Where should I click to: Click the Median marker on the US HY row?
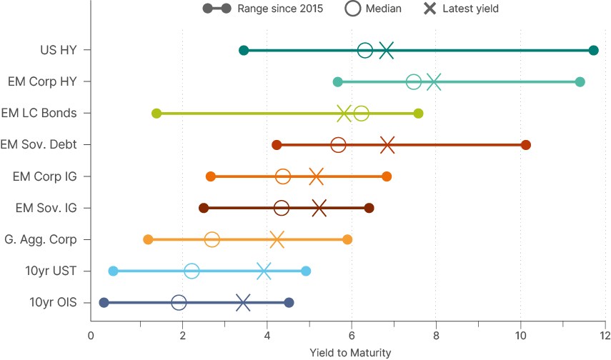tap(364, 50)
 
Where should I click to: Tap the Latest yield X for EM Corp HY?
tap(433, 82)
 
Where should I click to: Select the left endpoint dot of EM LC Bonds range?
tap(157, 114)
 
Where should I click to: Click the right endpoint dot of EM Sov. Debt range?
tap(526, 145)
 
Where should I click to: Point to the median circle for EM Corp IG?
tap(283, 176)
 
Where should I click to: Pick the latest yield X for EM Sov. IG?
tap(319, 208)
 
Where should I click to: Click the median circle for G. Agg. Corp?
tap(212, 239)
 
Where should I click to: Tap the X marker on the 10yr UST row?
tap(264, 271)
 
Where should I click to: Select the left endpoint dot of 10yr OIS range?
tap(104, 303)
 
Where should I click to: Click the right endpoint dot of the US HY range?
tap(593, 50)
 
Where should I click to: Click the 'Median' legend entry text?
tap(383, 9)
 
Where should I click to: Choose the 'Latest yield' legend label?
tap(470, 9)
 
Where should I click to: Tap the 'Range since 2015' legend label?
tap(280, 9)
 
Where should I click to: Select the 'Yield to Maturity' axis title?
tap(350, 353)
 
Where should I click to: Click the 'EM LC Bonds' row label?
tap(39, 113)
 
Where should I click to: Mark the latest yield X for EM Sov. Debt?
tap(387, 145)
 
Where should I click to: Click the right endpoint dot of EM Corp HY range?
tap(580, 82)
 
